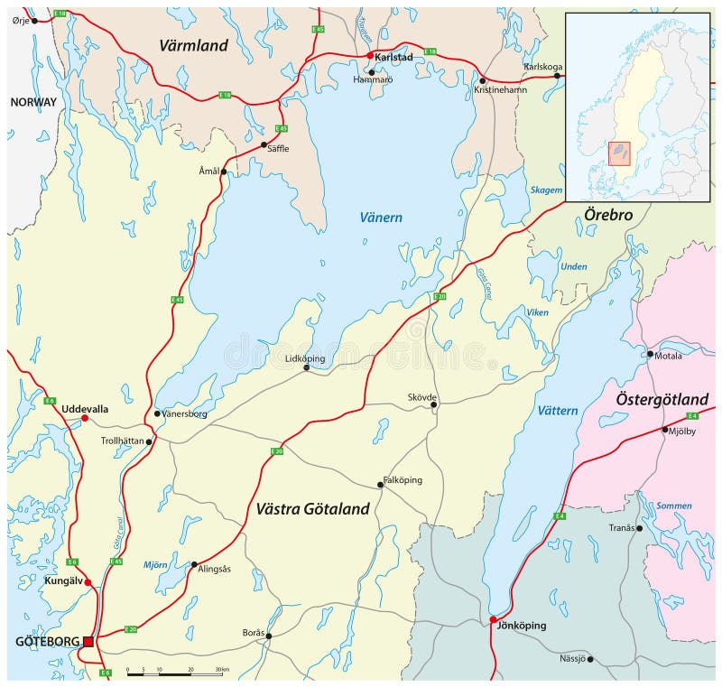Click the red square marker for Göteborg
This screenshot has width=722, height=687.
(88, 641)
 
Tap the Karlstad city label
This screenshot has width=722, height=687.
(393, 56)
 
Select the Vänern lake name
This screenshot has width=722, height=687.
(381, 218)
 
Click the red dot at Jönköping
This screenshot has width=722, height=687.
(493, 619)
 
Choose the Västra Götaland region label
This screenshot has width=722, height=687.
(308, 509)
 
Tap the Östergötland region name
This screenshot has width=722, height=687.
(662, 399)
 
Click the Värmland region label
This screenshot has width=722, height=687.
(194, 44)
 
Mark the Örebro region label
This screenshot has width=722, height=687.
(606, 216)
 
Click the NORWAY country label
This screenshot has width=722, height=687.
(33, 102)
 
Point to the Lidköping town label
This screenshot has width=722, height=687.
(304, 358)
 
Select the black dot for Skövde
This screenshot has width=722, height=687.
(433, 405)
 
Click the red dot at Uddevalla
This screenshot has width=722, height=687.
(85, 418)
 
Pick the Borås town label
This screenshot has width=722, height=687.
(254, 633)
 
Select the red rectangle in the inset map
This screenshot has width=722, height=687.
(619, 153)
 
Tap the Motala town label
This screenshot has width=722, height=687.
(669, 356)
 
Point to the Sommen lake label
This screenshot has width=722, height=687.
(673, 506)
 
